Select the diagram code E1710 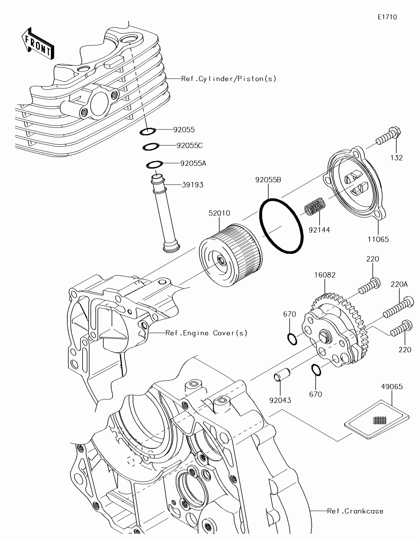pos(387,17)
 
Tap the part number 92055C pos(189,146)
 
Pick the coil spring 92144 pos(315,206)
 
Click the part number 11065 pos(378,239)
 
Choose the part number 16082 pos(324,275)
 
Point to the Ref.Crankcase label pos(355,511)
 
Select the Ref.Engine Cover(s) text pos(207,333)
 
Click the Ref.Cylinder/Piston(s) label pos(229,79)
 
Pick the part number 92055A pos(193,163)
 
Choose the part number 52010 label pos(219,214)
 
